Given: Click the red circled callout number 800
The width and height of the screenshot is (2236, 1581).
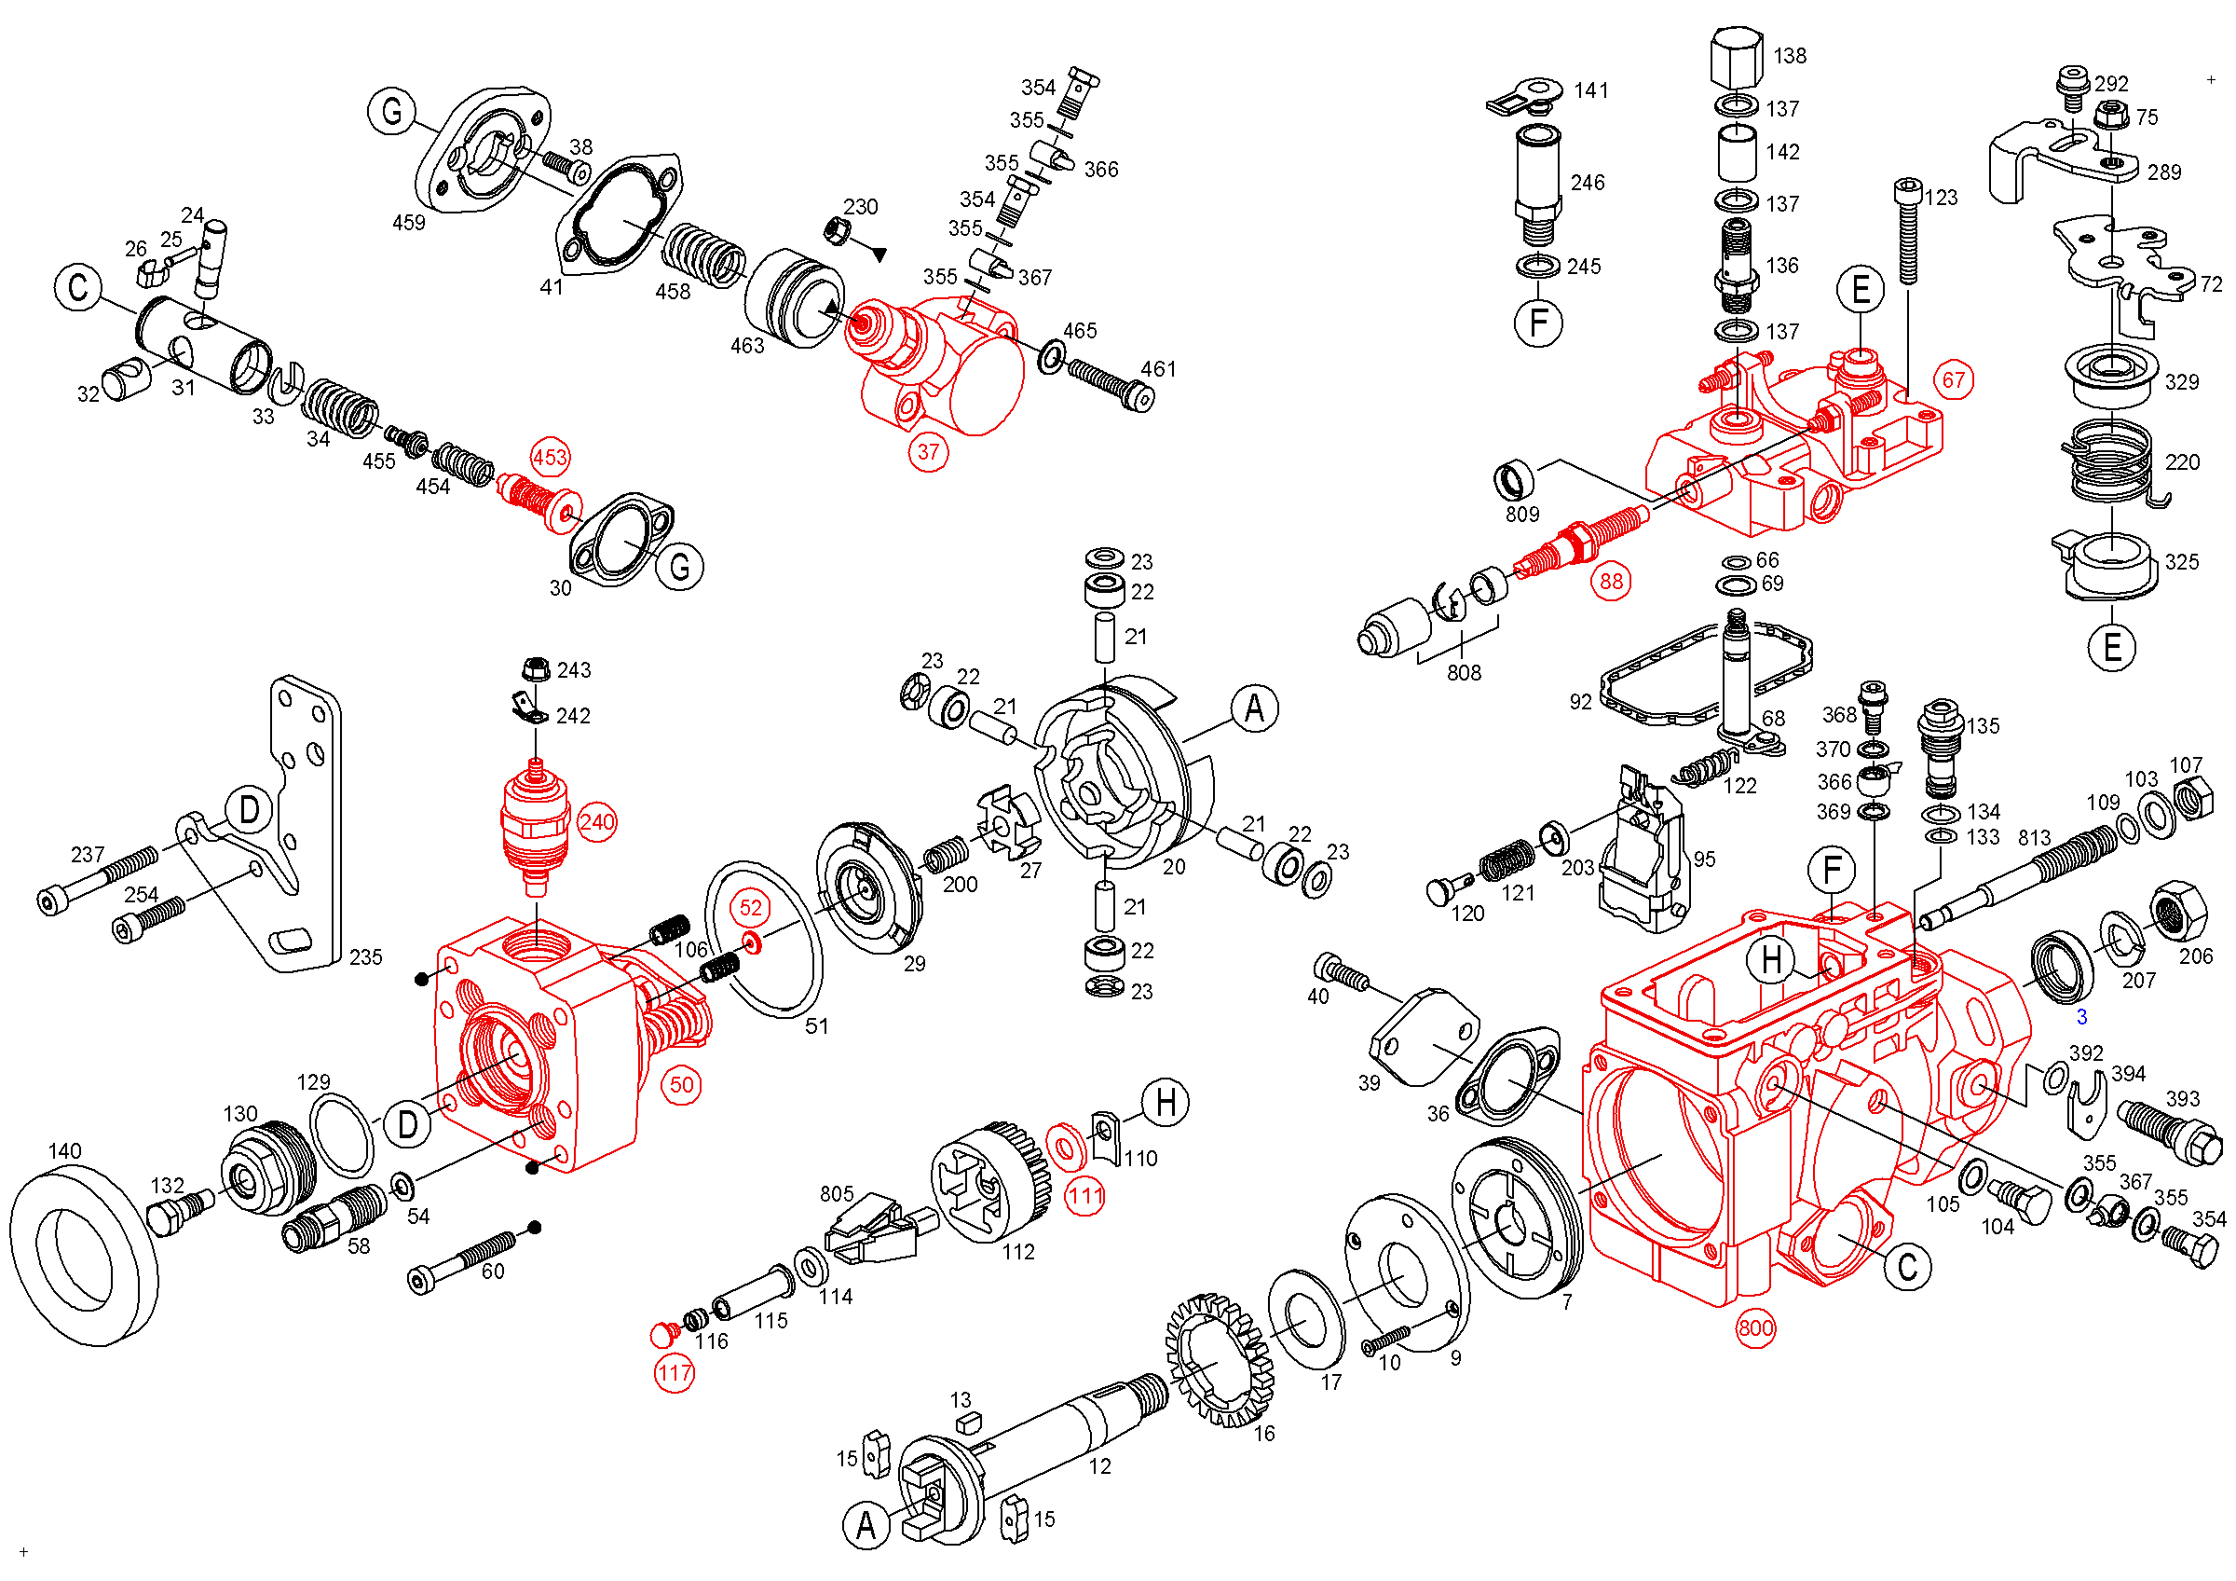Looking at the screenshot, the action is [1755, 1327].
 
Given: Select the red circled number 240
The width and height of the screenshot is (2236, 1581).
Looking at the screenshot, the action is [596, 821].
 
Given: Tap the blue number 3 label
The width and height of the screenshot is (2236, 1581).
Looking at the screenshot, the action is [2081, 1017].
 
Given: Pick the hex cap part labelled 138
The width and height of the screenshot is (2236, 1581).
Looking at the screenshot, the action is [1737, 58].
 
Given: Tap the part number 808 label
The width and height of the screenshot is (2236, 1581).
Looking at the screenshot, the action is [1464, 672].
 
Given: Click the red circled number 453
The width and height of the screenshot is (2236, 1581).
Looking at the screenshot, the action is [551, 457].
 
